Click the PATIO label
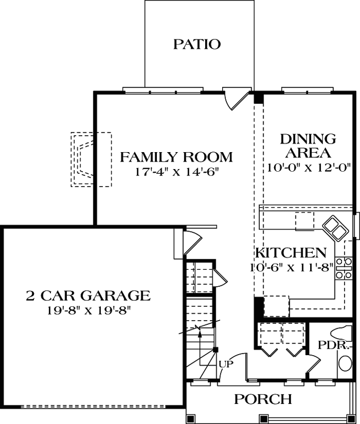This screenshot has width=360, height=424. [197, 44]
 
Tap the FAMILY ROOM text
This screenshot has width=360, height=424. [176, 157]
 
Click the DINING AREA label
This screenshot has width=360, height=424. [308, 146]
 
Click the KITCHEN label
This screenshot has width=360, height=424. [289, 252]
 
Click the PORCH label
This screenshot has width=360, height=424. [263, 399]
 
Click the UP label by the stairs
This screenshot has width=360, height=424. [226, 365]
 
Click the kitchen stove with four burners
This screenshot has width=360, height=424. [344, 268]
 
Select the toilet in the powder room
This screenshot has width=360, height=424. [340, 333]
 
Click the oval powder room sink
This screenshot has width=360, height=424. [345, 364]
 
